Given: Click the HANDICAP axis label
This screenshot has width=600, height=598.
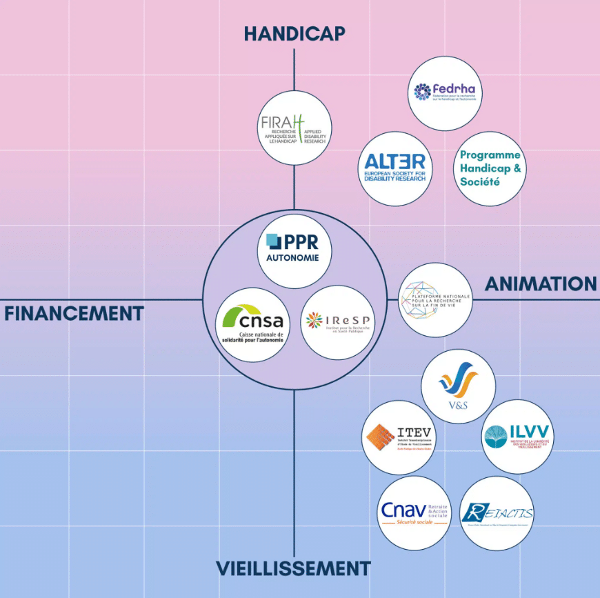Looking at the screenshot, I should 294,33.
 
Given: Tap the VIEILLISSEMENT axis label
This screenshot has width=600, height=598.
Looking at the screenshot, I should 293,569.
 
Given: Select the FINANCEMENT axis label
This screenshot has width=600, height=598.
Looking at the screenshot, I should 74,314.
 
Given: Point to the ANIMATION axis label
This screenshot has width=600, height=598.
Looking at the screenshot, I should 541,283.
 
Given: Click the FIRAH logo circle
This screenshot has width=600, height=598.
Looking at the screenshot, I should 294,128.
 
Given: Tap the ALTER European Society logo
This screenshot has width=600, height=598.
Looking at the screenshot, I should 395,168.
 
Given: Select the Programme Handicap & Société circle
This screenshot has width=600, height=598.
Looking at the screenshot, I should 490,168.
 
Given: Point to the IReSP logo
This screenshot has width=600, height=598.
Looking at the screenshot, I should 338,322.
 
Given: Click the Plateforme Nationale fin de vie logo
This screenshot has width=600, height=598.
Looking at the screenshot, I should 436,300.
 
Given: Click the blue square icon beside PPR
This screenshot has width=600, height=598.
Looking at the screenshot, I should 274,242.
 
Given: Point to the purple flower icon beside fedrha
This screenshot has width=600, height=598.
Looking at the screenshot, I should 422,91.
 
